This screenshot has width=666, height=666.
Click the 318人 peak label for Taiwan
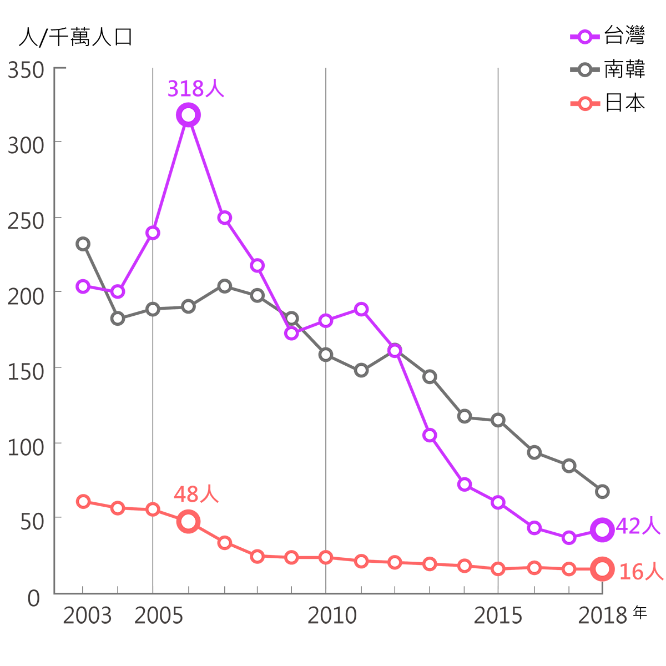point(196,89)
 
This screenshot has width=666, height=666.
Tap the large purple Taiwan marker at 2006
point(189,115)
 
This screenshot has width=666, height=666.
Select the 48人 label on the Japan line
point(196,494)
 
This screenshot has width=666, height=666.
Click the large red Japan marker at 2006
point(189,522)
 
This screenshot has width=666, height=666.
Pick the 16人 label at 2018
point(641,571)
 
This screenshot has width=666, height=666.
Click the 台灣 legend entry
point(624,37)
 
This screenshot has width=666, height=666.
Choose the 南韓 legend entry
point(624,70)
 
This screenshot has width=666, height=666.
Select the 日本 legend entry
point(624,103)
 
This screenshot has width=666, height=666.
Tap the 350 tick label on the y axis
point(26,70)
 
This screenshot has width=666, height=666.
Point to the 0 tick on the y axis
point(34,598)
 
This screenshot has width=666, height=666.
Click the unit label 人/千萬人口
point(75,37)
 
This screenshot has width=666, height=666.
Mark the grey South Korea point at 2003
point(83,244)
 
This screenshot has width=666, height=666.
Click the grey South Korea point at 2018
point(602,492)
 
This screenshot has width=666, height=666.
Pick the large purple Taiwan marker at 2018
point(602,530)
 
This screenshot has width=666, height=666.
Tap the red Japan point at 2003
point(83,502)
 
